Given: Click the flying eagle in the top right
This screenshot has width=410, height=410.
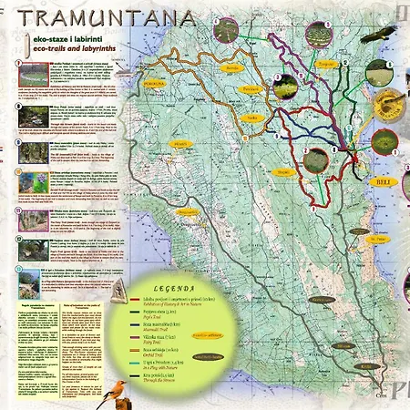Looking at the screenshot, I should [x=386, y=36].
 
